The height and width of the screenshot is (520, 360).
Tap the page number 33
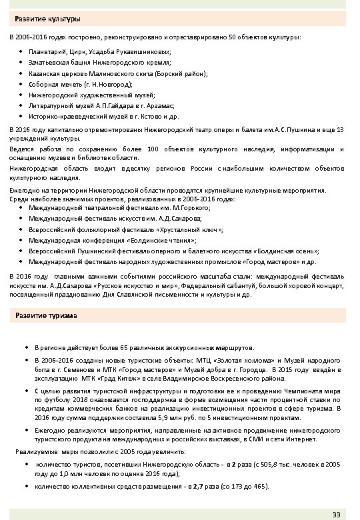[337, 513]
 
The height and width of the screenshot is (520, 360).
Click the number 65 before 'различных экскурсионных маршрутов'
[104, 347]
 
